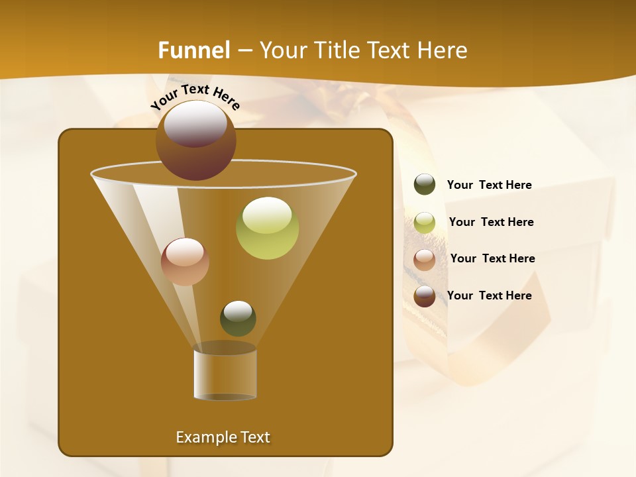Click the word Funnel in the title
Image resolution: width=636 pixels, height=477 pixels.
tap(194, 50)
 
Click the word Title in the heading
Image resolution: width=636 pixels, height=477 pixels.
tap(336, 50)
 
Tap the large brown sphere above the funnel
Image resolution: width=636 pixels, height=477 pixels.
tap(196, 140)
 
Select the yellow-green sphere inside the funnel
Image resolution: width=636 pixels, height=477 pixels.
tap(267, 228)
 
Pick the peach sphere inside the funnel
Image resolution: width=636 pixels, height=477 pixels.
tap(185, 262)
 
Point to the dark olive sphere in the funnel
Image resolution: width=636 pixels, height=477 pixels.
tap(238, 318)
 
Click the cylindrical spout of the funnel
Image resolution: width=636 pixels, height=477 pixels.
tap(225, 374)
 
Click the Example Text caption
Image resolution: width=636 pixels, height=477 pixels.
tap(223, 437)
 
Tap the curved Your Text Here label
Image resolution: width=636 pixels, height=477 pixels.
tap(195, 97)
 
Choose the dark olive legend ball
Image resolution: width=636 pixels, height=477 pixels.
tap(425, 185)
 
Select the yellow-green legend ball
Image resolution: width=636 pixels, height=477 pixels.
tap(425, 223)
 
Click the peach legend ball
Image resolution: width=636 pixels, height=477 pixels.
tap(425, 260)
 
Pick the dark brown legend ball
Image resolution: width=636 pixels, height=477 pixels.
tap(425, 296)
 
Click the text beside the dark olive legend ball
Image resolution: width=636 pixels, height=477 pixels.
tap(489, 185)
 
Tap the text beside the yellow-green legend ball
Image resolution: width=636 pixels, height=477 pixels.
tap(491, 222)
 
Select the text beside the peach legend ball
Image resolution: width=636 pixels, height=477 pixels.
tap(492, 258)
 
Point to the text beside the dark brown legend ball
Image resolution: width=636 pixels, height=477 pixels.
tap(489, 295)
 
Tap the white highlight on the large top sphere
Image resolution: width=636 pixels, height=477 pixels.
tap(195, 123)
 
